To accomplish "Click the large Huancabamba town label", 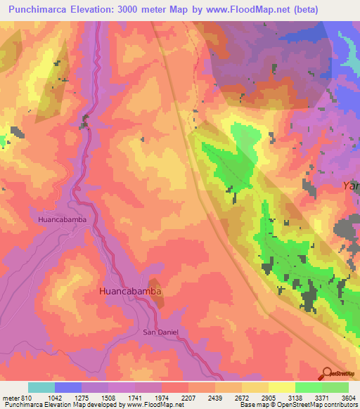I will [x=131, y=291].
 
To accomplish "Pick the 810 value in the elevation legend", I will [x=21, y=397].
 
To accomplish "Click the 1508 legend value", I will [x=108, y=397].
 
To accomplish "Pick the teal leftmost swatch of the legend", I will [x=41, y=387].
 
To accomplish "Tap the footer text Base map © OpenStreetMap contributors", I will [x=298, y=405].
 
